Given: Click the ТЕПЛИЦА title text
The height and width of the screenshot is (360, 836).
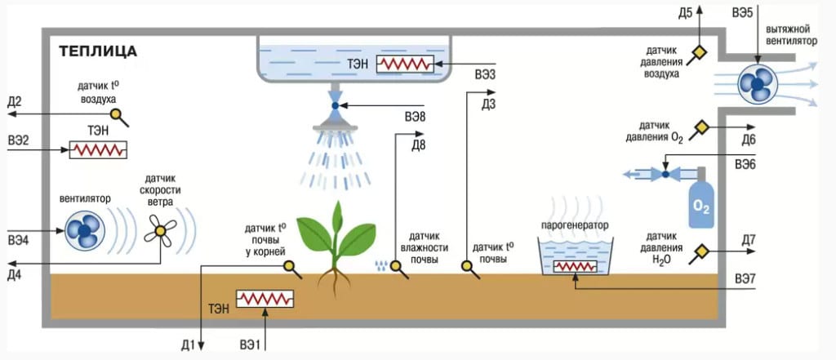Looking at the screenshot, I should [97, 51].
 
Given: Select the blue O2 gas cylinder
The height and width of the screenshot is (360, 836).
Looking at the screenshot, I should [701, 203].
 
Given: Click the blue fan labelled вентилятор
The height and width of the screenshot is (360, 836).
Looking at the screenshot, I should [85, 232].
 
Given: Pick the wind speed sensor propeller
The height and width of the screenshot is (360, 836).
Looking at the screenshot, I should [161, 233].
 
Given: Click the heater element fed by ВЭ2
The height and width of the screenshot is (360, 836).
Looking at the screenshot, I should [98, 150].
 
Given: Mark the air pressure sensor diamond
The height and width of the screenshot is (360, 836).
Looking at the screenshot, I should [699, 54].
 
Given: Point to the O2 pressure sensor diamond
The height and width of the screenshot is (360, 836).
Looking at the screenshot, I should [700, 128].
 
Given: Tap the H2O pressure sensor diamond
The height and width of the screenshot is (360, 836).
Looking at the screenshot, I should [700, 251].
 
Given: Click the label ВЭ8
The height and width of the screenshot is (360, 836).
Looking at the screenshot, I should [415, 118].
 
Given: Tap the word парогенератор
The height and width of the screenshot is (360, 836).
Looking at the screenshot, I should [575, 224].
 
